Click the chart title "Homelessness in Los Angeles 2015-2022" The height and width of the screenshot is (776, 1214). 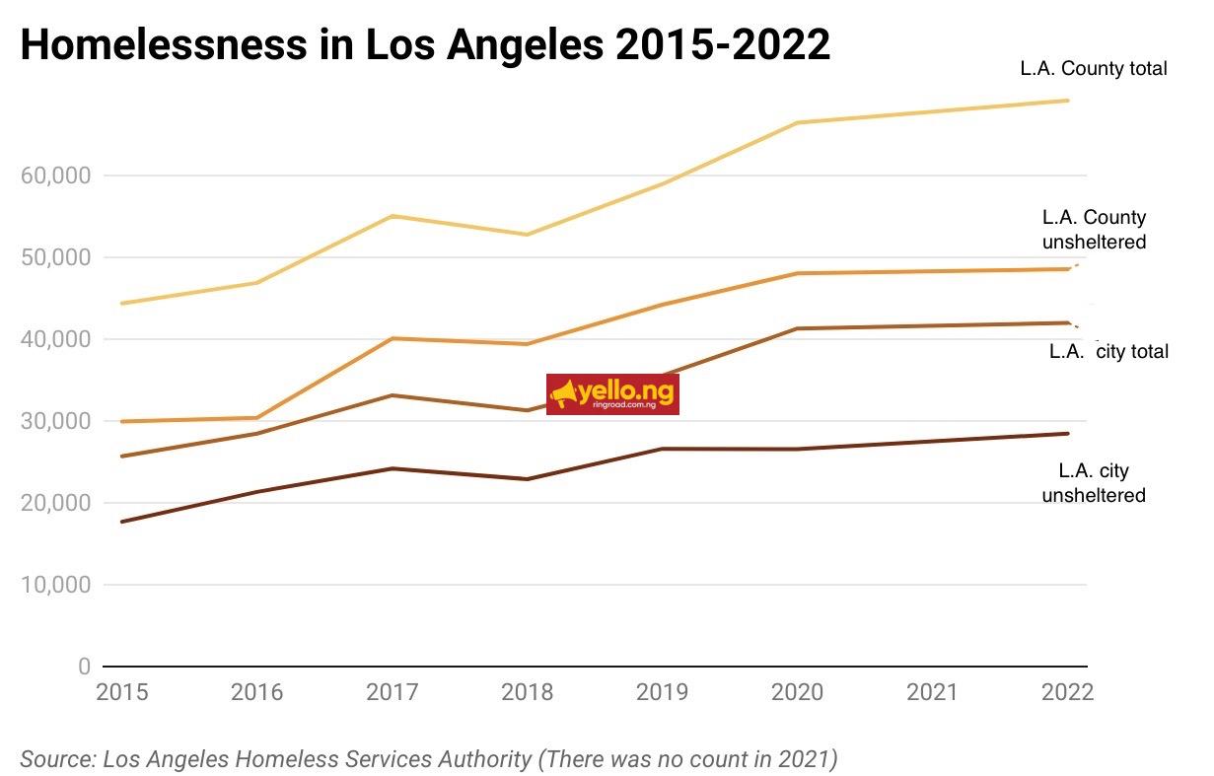point(425,45)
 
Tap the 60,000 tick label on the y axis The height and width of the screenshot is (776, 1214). point(55,176)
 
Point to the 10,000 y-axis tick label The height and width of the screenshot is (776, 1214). point(55,585)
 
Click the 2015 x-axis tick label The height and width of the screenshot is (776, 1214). point(122,692)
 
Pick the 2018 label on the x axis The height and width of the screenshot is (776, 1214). point(527,692)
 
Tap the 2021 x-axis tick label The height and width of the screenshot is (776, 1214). point(931,692)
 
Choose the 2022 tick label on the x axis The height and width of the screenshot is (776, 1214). point(1067,692)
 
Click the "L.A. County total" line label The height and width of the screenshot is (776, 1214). point(1094,69)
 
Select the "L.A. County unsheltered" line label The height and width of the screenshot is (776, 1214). point(1094,230)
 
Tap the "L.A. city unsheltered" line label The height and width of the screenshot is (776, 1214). point(1094,483)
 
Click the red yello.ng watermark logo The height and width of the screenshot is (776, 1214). point(612,394)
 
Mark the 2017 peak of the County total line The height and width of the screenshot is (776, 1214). point(393,216)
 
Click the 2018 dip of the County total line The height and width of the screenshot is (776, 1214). point(527,235)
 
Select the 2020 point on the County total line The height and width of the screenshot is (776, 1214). point(797,123)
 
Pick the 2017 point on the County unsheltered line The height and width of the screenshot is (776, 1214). point(393,338)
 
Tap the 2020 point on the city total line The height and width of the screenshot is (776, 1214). point(797,328)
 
